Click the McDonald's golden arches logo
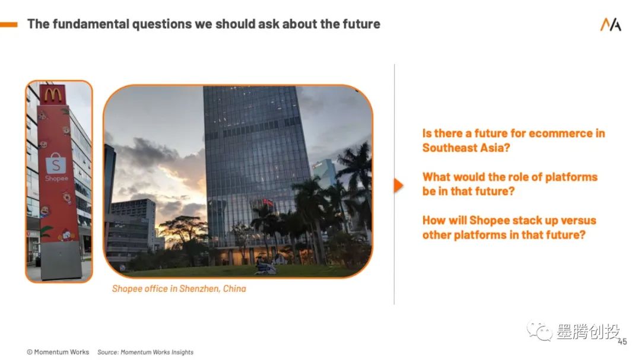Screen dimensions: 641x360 coord(53,95)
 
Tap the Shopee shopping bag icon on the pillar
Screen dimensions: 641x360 coord(56,164)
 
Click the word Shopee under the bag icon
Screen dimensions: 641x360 coord(57,179)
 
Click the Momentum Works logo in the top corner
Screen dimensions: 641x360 coord(610,24)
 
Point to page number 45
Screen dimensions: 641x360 coord(622,342)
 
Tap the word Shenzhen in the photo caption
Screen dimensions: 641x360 coord(199,288)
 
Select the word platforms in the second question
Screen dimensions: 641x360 coord(571,177)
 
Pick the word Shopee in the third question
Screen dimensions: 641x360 coord(489,221)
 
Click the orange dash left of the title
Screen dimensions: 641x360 coord(8,24)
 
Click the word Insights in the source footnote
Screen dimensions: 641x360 coord(182,352)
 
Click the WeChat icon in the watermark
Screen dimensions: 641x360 coord(540,330)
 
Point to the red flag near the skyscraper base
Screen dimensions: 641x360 coord(268,202)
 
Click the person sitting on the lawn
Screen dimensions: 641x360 coord(265,266)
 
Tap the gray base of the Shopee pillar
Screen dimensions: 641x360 coord(61,260)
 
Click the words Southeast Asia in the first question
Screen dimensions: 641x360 coord(466,148)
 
